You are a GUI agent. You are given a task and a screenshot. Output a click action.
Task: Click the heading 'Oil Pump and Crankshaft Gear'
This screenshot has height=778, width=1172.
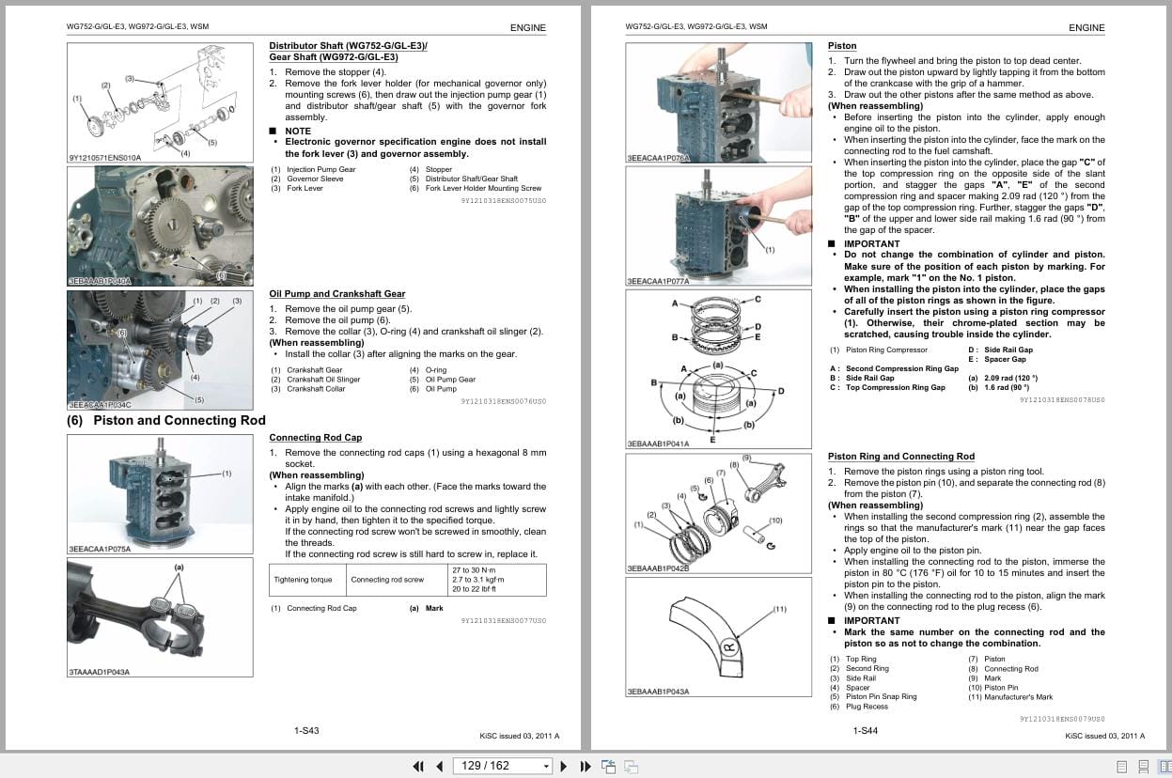(336, 294)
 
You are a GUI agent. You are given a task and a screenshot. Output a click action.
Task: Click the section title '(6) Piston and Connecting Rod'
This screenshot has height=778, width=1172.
(166, 421)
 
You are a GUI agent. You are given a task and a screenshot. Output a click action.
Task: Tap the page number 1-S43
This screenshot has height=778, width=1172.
(306, 731)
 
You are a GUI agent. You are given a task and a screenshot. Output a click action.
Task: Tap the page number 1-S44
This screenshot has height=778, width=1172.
(865, 731)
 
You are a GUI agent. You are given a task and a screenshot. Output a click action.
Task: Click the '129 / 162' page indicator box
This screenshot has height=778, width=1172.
(502, 766)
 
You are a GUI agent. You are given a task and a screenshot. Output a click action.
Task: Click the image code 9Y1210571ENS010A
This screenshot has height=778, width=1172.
(104, 158)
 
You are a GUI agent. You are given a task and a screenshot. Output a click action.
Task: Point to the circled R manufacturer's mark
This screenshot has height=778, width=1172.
(727, 646)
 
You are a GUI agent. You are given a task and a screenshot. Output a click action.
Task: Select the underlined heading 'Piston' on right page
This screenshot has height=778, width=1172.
(841, 46)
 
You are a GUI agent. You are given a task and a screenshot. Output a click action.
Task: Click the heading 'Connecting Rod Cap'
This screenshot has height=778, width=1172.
(315, 438)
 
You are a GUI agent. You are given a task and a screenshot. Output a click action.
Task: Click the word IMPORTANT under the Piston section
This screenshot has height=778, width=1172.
(871, 243)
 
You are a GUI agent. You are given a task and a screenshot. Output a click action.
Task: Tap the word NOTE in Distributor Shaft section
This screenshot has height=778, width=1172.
(297, 132)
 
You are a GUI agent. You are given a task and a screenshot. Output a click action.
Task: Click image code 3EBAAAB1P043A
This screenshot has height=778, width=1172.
(658, 692)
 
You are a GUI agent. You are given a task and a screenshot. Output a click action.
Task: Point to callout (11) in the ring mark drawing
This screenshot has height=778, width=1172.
(779, 610)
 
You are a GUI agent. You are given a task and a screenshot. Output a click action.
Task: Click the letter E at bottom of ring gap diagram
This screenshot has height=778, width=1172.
(712, 439)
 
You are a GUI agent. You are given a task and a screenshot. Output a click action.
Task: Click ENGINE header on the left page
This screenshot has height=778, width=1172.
(527, 27)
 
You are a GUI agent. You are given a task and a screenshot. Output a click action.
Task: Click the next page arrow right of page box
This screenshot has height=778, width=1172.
(564, 766)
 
